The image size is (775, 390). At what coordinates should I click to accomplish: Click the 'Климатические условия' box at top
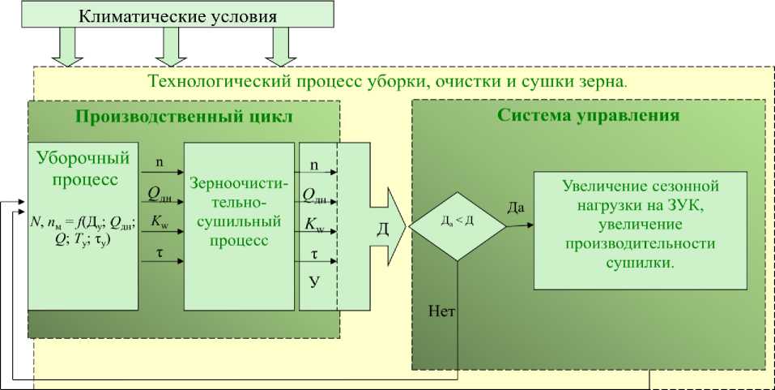point(177,16)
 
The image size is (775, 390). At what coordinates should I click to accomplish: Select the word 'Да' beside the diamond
point(516,208)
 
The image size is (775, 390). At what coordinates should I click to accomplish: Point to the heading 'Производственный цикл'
point(184,115)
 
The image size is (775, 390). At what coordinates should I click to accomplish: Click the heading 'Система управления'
point(587,115)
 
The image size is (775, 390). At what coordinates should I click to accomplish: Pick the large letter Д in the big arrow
point(383,229)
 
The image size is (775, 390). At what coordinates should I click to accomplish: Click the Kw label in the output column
point(314,225)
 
